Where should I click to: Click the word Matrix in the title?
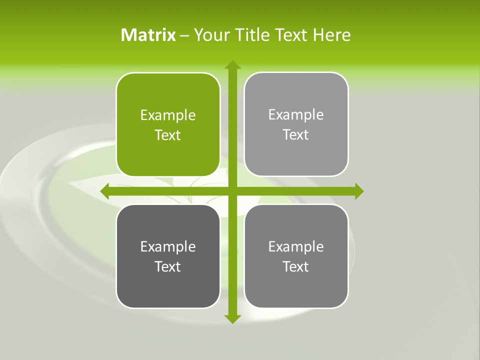[148, 35]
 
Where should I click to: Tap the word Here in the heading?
[331, 35]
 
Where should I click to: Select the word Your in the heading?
[210, 35]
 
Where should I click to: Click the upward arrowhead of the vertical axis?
[232, 65]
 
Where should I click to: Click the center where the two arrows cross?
[232, 191]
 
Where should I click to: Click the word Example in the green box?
[168, 115]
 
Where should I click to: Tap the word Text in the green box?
[168, 135]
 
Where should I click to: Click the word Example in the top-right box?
[296, 115]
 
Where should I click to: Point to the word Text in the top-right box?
[296, 135]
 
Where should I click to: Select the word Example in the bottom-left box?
[168, 247]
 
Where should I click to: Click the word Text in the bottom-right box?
[296, 267]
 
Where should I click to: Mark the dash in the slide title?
[184, 35]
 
